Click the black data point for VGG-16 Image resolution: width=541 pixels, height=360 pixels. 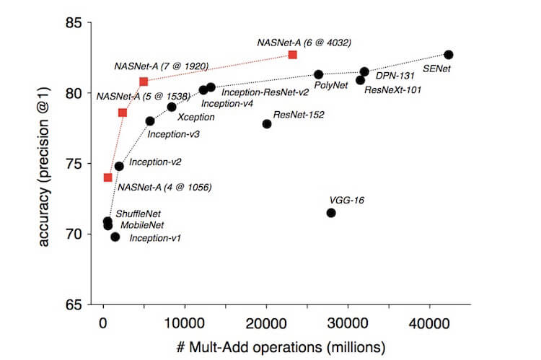331,213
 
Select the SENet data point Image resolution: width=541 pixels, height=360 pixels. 449,55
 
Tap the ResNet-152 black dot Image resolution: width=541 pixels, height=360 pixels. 267,124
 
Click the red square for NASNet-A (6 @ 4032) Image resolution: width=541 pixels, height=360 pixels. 292,55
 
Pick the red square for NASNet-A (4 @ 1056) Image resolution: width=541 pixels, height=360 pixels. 107,177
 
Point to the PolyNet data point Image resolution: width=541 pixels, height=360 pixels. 319,74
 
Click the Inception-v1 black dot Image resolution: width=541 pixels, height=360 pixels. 115,237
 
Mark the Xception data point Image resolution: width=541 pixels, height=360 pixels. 172,107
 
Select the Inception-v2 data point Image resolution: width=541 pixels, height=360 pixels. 119,166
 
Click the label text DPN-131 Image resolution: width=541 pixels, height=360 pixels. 395,75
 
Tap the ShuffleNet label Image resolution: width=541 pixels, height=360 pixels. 138,214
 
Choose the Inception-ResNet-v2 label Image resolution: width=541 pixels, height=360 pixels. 265,92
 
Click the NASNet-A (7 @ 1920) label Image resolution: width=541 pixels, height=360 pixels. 162,66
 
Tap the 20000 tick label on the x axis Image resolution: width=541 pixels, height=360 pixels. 266,321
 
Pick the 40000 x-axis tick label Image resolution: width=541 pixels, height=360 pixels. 430,321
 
